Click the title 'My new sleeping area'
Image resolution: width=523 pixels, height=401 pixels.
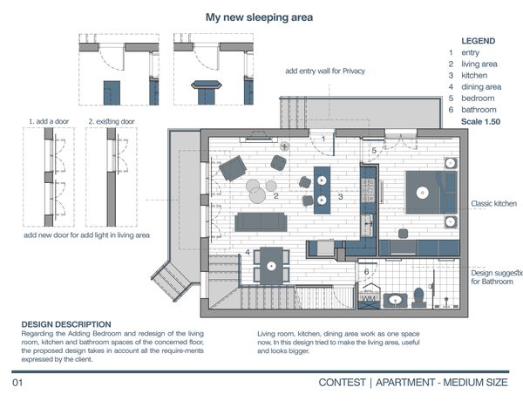259,17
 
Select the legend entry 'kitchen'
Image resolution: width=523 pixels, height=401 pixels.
474,75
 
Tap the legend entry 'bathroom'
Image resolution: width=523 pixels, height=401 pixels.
479,110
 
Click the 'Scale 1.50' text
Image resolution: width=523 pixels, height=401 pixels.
480,121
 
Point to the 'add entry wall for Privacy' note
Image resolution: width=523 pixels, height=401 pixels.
325,71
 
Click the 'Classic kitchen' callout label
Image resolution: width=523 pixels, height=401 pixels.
493,203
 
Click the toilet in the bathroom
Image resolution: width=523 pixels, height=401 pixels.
418,297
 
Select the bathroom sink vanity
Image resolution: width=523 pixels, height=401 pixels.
396,301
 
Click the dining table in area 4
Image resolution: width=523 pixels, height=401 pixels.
271,266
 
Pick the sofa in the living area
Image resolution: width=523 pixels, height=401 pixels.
261,222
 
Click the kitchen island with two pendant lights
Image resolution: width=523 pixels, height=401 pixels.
322,190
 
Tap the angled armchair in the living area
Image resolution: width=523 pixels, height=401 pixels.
233,168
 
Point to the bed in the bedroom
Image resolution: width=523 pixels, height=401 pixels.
431,193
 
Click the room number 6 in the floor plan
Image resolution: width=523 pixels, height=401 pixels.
366,272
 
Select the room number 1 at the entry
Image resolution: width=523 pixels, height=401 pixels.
323,139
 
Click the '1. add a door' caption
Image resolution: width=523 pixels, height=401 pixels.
49,121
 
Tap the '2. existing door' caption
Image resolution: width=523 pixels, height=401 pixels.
112,121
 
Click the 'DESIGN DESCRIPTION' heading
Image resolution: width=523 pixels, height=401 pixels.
66,324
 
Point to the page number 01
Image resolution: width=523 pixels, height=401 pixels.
17,383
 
